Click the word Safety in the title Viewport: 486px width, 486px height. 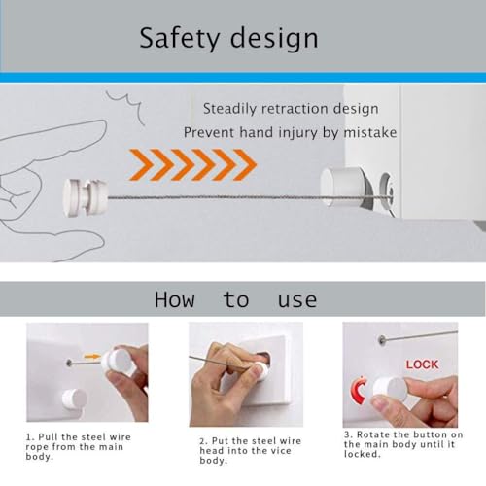pyautogui.click(x=179, y=38)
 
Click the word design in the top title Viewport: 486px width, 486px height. pyautogui.click(x=274, y=38)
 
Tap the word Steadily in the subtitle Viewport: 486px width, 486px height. pyautogui.click(x=229, y=109)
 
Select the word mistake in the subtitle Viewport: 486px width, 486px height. pyautogui.click(x=370, y=132)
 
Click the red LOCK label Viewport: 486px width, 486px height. pyautogui.click(x=423, y=364)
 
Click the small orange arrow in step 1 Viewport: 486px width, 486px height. pyautogui.click(x=92, y=357)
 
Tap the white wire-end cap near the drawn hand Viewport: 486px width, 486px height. pyautogui.click(x=85, y=197)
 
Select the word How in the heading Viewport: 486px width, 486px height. pyautogui.click(x=175, y=299)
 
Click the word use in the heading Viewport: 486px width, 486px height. pyautogui.click(x=297, y=301)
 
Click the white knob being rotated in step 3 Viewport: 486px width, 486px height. pyautogui.click(x=390, y=390)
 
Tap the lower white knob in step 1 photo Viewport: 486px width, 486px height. pyautogui.click(x=74, y=399)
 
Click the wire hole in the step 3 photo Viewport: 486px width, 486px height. pyautogui.click(x=382, y=340)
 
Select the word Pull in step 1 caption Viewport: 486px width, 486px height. pyautogui.click(x=49, y=437)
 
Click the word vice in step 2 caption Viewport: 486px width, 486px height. pyautogui.click(x=281, y=451)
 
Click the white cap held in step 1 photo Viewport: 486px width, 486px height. pyautogui.click(x=118, y=361)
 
